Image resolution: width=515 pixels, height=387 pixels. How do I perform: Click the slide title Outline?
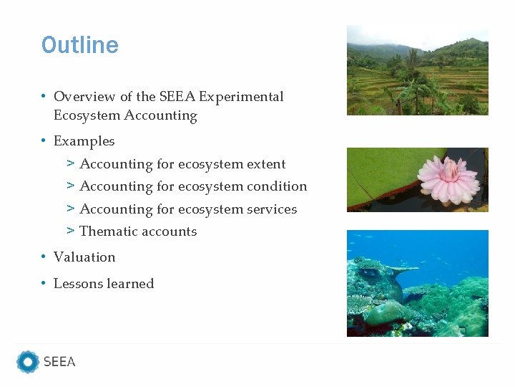80,45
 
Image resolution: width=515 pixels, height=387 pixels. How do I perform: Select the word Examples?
84,141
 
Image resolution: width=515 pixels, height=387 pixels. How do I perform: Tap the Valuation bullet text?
84,257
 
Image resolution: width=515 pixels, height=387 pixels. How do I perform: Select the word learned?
132,284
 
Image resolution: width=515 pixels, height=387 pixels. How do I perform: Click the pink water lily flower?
448,178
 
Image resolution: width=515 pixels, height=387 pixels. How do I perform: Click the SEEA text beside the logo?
59,362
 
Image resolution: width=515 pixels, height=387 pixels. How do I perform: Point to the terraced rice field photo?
418,70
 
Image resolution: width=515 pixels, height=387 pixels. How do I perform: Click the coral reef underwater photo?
418,283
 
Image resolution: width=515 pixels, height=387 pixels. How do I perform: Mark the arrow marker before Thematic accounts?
71,231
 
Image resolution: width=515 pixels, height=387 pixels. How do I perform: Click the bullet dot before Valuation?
44,257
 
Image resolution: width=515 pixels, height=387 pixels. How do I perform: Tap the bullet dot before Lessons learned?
44,284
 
